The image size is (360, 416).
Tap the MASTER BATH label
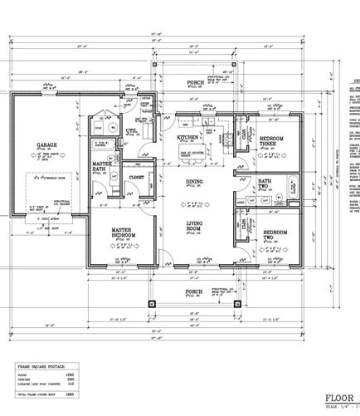[102, 167]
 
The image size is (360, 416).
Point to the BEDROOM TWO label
[275, 235]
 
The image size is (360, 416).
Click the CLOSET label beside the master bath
[136, 177]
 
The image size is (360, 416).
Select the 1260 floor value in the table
[92, 375]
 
